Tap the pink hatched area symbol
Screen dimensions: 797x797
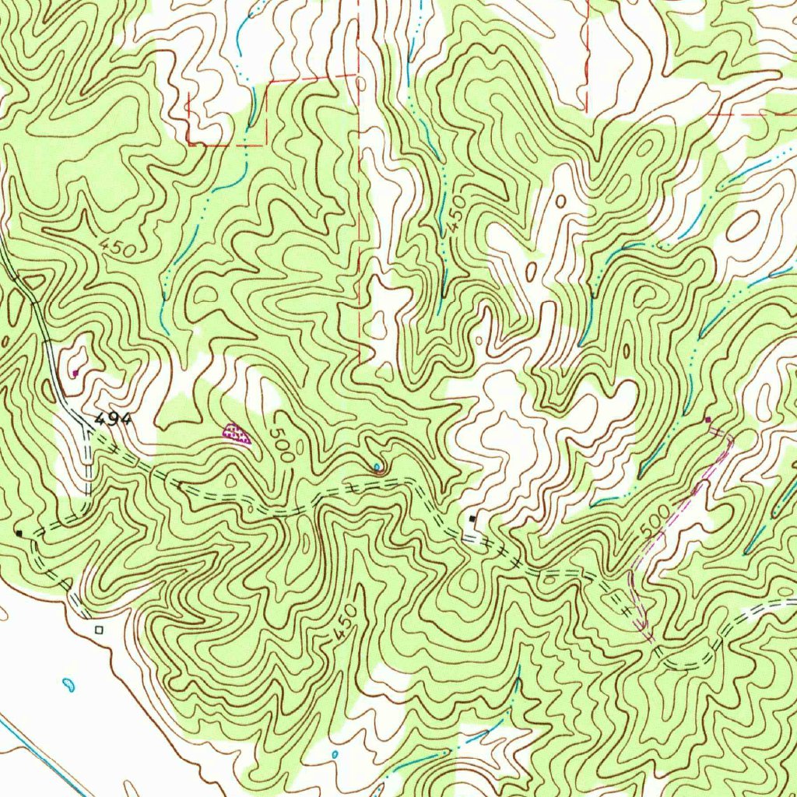[237, 432]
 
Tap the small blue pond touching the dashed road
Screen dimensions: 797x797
[377, 468]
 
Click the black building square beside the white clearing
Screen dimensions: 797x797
[472, 518]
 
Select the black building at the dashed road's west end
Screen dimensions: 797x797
[19, 533]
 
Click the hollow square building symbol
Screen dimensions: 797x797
[98, 629]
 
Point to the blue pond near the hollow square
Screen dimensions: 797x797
[68, 685]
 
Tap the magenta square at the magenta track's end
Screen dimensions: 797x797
[707, 420]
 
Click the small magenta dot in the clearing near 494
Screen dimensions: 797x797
[75, 374]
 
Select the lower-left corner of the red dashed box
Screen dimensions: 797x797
[189, 143]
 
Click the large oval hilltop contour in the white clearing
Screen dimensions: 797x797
[743, 226]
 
